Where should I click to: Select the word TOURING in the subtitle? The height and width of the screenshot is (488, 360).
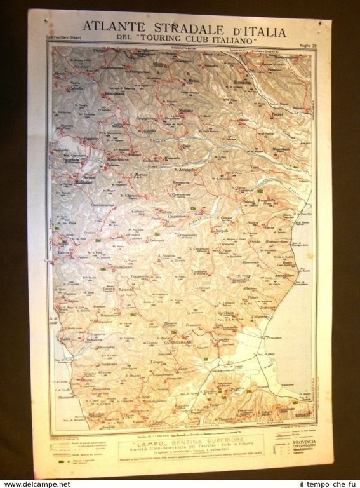tap(176, 39)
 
